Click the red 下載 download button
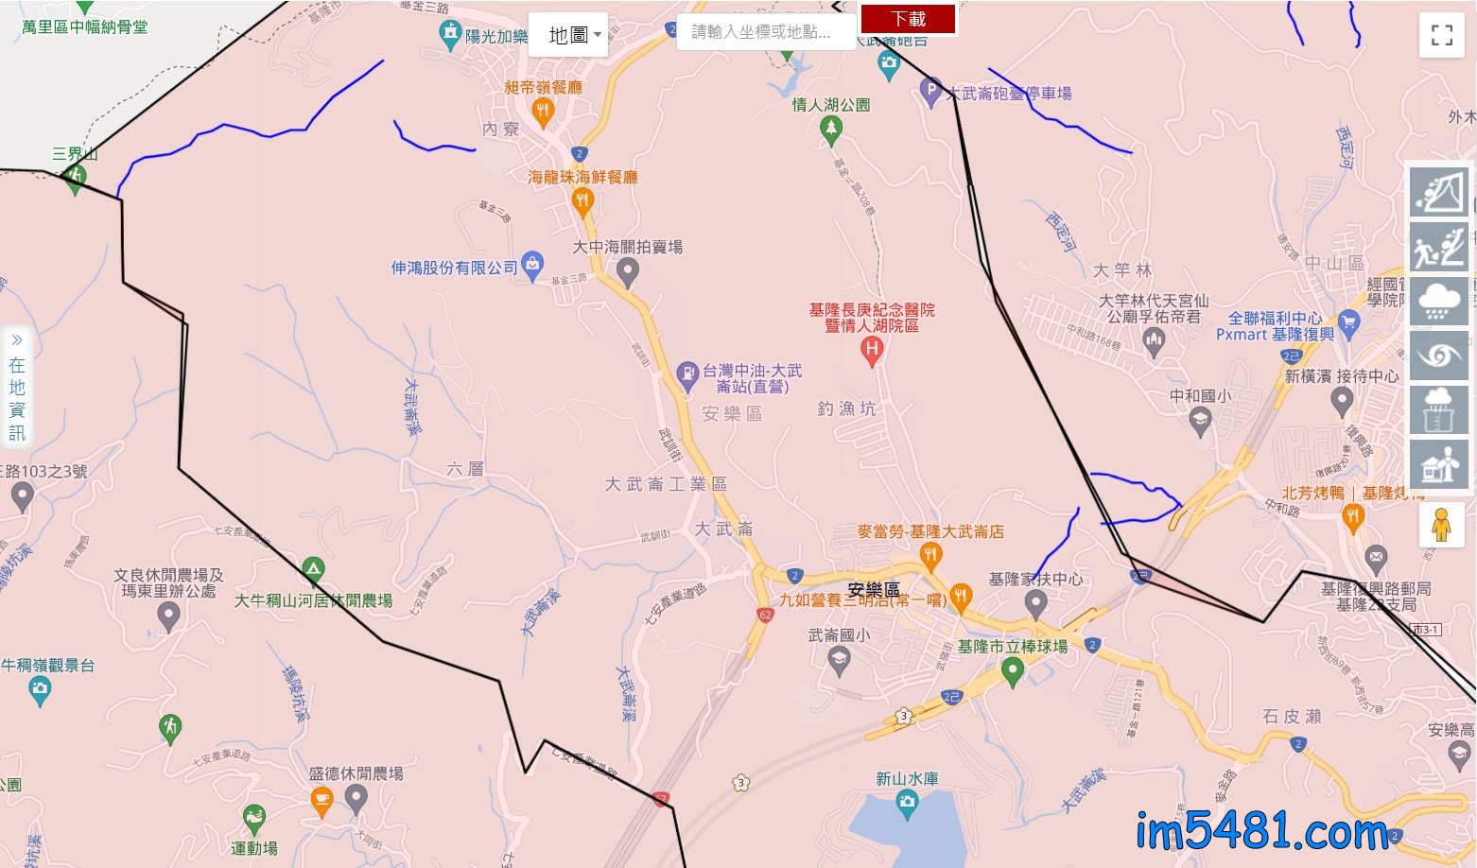(908, 19)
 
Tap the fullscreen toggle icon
(1442, 35)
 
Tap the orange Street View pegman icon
(1441, 524)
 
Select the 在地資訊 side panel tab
(17, 387)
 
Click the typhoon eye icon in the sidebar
(1439, 356)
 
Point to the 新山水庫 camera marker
(907, 804)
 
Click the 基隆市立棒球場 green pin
(1013, 670)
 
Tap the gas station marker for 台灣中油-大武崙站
(687, 374)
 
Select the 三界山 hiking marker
(76, 177)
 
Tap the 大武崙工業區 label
(666, 484)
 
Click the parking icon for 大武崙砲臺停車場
(930, 92)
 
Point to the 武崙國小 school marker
(839, 659)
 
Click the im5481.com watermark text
(1262, 833)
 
